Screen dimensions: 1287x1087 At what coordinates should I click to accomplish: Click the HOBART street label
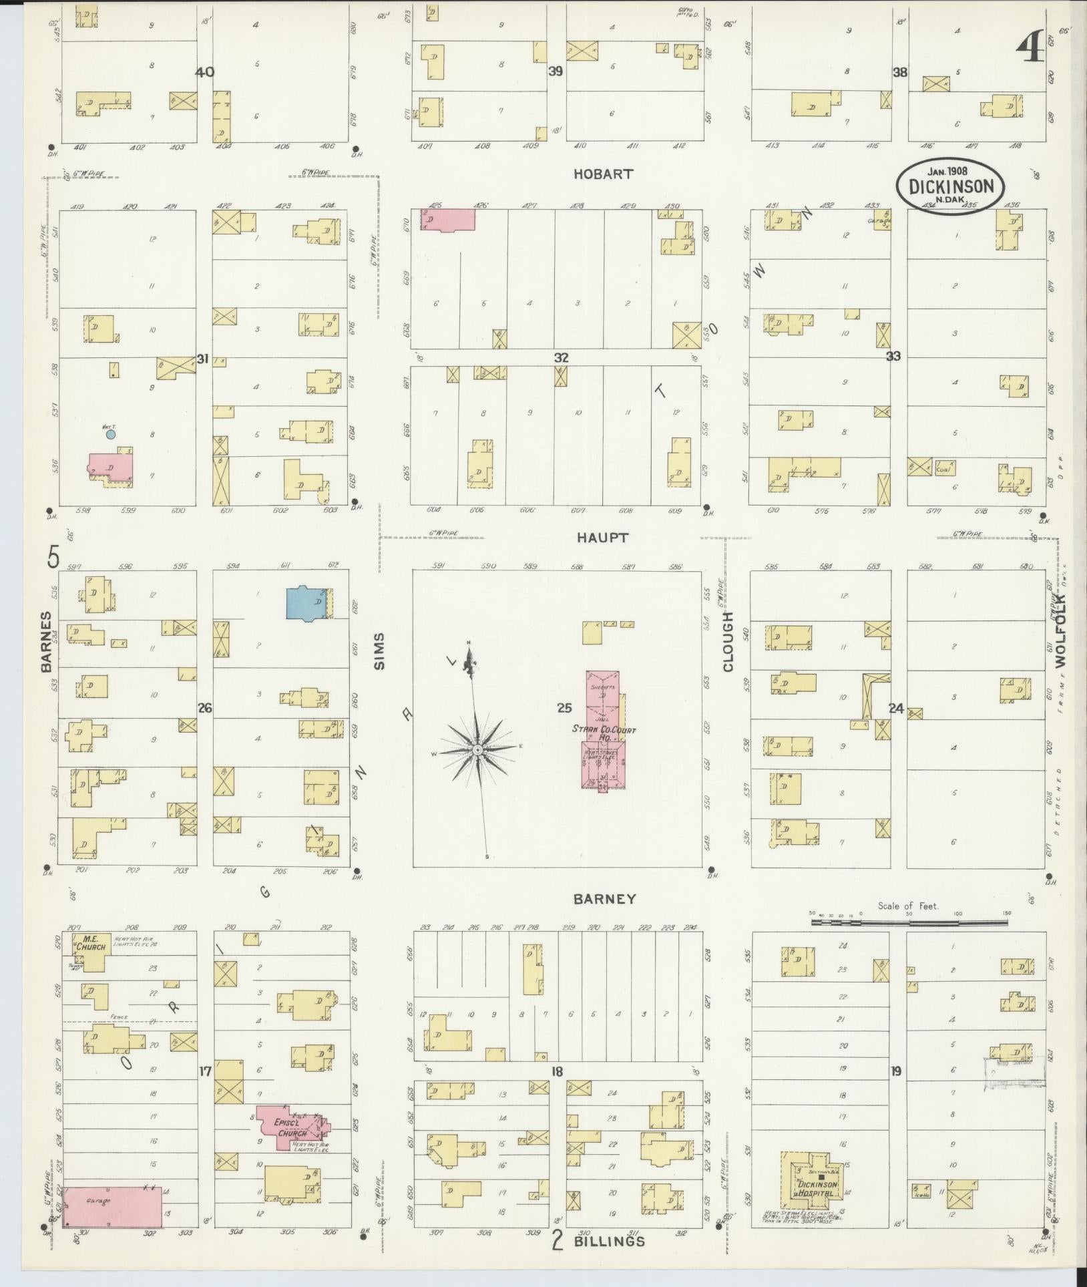[603, 174]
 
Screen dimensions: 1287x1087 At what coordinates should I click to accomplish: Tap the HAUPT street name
[603, 537]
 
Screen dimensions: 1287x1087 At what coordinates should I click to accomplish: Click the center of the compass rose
[478, 750]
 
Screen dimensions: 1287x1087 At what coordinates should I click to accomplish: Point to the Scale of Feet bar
[911, 922]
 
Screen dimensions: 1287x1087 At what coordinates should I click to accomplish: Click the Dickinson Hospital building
[815, 1187]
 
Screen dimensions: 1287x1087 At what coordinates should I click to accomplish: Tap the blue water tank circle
[111, 434]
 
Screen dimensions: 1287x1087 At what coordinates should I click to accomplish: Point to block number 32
[560, 357]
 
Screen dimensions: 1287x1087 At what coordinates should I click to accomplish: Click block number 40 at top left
[204, 72]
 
